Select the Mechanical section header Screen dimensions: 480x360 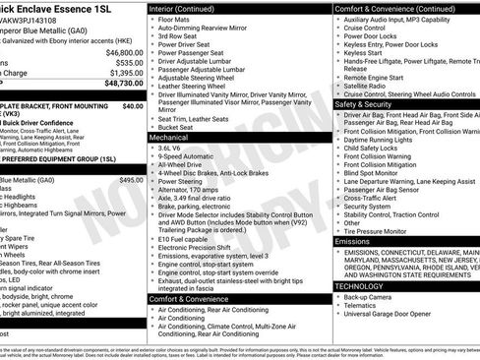click(173, 138)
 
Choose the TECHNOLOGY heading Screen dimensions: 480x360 click(366, 285)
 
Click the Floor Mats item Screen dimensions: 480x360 click(176, 18)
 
